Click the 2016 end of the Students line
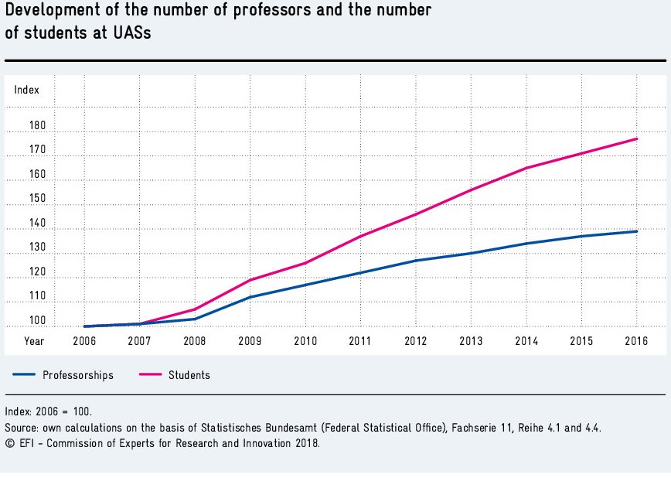636,138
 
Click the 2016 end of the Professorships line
636,231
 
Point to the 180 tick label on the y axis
37,126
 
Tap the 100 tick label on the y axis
37,321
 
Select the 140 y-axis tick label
37,224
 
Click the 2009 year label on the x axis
250,340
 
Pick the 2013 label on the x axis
471,340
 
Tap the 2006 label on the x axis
83,340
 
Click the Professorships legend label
78,375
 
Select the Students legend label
189,375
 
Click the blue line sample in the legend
25,375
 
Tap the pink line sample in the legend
152,375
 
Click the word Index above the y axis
26,90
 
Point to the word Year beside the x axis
34,340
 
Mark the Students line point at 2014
526,168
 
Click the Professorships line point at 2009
250,297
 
